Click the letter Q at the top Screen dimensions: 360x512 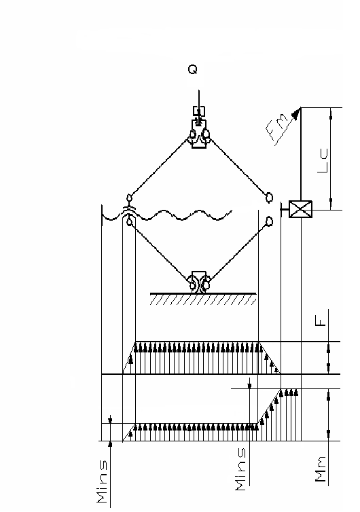pos(193,69)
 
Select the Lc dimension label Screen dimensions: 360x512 pos(323,161)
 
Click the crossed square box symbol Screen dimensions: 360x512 pos(300,209)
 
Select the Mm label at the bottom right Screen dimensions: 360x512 pos(321,469)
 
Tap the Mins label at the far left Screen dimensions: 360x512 pos(102,481)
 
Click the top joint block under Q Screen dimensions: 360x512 pos(199,134)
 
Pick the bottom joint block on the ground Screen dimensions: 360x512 pos(199,282)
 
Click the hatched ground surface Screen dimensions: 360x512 pos(203,299)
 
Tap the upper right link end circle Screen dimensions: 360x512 pos(269,197)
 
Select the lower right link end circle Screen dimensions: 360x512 pos(269,221)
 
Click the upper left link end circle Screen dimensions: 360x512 pos(129,198)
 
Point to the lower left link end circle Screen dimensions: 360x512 pos(130,222)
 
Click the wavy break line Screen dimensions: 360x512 pos(167,215)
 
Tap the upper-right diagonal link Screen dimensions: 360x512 pos(238,166)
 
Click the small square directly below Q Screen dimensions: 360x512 pos(199,111)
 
